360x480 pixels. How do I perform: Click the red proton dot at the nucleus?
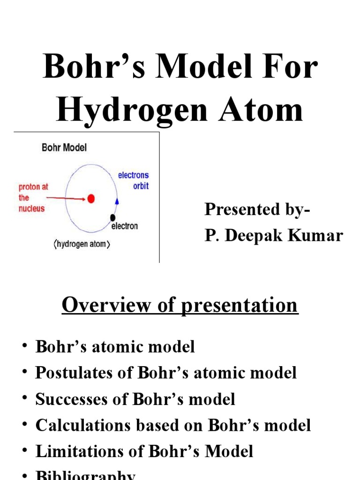[x=91, y=199]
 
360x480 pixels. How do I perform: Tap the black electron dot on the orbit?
[x=112, y=217]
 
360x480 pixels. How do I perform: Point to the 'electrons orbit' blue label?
[x=133, y=180]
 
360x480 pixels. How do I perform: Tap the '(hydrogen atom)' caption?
[x=82, y=244]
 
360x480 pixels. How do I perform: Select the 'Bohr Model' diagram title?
[x=64, y=148]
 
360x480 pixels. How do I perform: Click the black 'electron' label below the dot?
[x=124, y=226]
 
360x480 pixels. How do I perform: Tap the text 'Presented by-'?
[x=257, y=210]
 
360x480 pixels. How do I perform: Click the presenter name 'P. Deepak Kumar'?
[x=274, y=236]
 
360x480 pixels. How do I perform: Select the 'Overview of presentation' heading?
[x=180, y=305]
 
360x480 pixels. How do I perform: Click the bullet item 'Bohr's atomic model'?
[x=115, y=347]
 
